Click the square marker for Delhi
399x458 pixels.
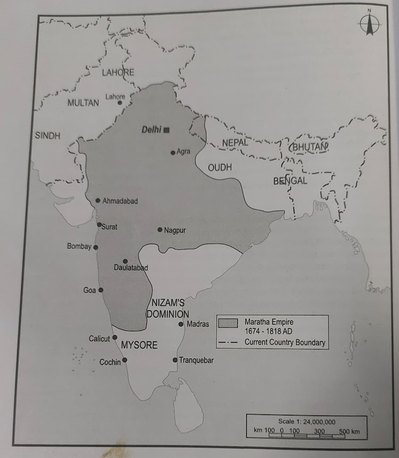click(x=167, y=130)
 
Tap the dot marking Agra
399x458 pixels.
click(x=173, y=153)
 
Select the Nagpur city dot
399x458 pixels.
click(x=160, y=230)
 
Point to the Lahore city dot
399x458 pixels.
click(x=120, y=103)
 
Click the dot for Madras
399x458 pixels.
click(x=181, y=324)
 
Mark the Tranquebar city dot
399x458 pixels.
click(x=175, y=360)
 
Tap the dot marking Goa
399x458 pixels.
click(x=101, y=290)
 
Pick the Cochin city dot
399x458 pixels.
click(x=125, y=360)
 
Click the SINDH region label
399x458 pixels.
click(x=48, y=136)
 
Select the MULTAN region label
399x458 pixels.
click(x=83, y=103)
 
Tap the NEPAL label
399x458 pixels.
click(x=235, y=143)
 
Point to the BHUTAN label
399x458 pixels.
click(x=309, y=146)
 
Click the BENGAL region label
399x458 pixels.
click(x=290, y=181)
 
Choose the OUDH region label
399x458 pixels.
click(x=220, y=168)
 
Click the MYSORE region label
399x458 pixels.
click(x=139, y=345)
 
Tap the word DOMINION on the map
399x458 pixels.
click(x=168, y=314)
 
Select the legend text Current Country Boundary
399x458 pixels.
click(x=285, y=343)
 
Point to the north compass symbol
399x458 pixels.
click(x=368, y=24)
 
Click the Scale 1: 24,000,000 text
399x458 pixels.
click(x=306, y=421)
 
